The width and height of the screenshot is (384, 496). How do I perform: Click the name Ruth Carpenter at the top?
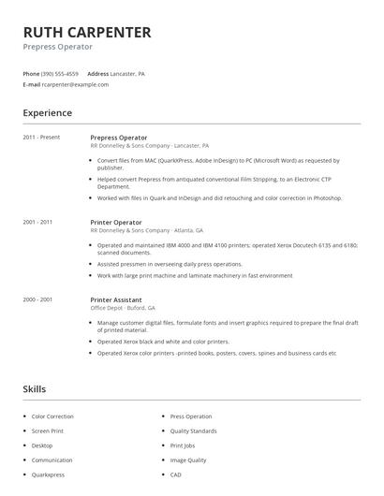[86, 32]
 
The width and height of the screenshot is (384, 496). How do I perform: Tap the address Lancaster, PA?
[128, 73]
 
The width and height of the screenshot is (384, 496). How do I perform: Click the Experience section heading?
[47, 113]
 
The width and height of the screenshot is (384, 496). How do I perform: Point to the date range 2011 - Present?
[41, 138]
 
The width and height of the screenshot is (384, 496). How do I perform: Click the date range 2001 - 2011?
[37, 222]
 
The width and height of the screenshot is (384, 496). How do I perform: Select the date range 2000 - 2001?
[37, 299]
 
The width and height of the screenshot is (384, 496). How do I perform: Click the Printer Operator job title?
[117, 222]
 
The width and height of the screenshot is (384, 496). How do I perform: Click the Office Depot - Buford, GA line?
[123, 308]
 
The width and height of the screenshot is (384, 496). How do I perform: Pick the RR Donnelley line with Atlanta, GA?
[146, 230]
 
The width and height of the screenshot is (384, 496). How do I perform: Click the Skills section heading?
[35, 388]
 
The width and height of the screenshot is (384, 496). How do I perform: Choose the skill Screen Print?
[47, 430]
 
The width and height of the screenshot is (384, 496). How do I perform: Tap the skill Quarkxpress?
[49, 475]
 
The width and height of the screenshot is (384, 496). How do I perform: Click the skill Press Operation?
[191, 416]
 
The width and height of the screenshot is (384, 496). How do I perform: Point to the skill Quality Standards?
[194, 430]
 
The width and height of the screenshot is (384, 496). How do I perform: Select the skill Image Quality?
[189, 460]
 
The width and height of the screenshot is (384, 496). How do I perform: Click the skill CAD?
[177, 475]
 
